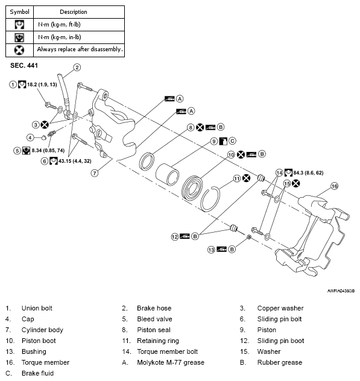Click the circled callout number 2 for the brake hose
coord(77,68)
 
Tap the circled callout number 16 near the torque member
coord(335,187)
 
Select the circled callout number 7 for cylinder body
coord(94,172)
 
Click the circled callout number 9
coord(213,141)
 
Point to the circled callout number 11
coord(237,178)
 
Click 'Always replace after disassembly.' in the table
coord(80,49)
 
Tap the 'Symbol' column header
coord(21,11)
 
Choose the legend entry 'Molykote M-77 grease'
coord(170,362)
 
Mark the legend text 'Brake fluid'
coord(37,373)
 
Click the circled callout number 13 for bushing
coord(212,249)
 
